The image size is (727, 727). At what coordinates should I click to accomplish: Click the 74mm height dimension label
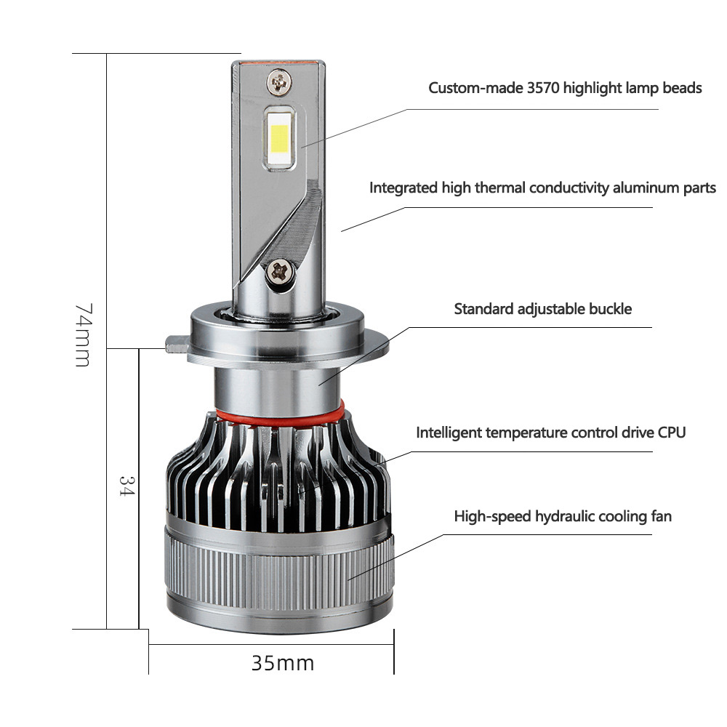pyautogui.click(x=84, y=335)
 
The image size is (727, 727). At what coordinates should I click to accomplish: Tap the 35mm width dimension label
pyautogui.click(x=283, y=664)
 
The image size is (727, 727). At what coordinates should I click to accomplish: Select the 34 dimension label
pyautogui.click(x=126, y=486)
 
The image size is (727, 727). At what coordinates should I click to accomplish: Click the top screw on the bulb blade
pyautogui.click(x=279, y=83)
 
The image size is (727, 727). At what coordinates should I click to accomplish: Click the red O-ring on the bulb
pyautogui.click(x=280, y=416)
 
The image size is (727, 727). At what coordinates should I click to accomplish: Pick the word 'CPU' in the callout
pyautogui.click(x=672, y=433)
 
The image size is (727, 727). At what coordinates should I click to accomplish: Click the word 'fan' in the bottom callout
pyautogui.click(x=661, y=516)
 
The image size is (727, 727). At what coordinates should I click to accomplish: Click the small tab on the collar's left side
pyautogui.click(x=177, y=344)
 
